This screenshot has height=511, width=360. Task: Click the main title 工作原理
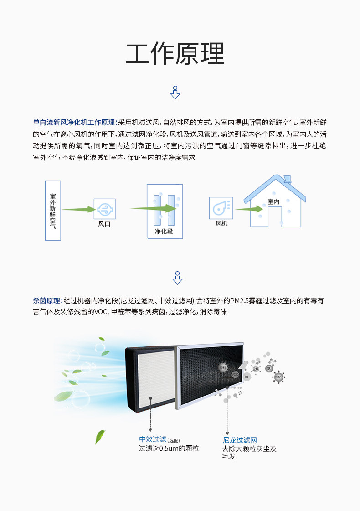175,55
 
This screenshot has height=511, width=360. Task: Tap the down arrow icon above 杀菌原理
177,278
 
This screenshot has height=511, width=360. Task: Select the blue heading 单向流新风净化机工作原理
74,123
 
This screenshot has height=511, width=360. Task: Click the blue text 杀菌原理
46,301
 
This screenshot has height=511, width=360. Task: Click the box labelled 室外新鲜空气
53,210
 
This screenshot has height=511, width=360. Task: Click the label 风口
104,224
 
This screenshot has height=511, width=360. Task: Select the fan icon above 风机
221,208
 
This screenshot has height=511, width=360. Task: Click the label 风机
221,224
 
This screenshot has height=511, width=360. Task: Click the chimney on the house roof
287,179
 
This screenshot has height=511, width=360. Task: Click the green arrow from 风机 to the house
250,209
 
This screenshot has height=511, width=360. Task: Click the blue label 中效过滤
152,439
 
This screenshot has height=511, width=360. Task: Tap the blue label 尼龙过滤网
240,440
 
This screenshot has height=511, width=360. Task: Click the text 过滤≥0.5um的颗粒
169,449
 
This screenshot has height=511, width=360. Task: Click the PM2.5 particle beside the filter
278,377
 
